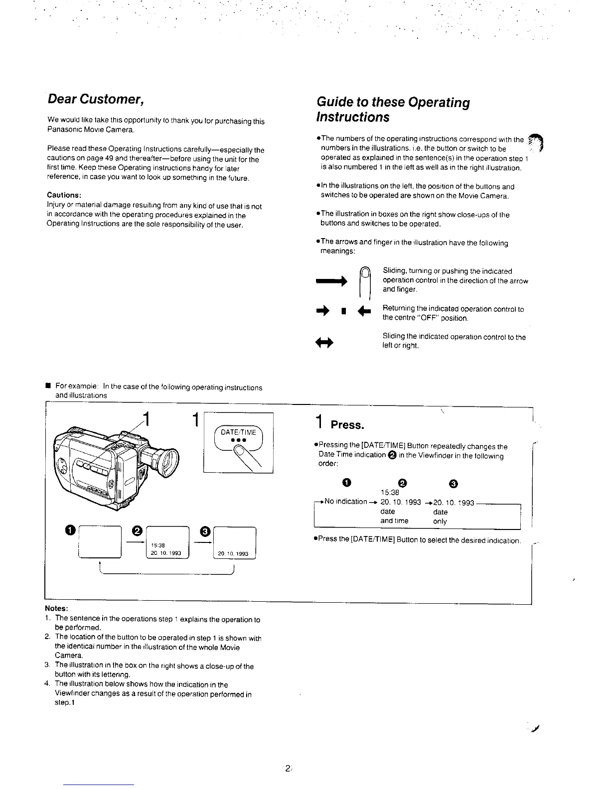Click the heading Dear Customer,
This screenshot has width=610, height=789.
click(x=96, y=99)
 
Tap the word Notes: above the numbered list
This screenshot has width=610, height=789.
click(x=56, y=609)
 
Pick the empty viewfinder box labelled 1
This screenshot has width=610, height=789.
click(x=101, y=542)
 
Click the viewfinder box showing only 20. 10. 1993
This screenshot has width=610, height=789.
click(x=234, y=544)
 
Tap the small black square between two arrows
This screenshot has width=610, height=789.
click(x=343, y=313)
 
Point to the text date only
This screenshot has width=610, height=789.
click(x=440, y=517)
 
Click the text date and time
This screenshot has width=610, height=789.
click(x=394, y=517)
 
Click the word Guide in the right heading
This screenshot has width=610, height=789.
click(x=334, y=103)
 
